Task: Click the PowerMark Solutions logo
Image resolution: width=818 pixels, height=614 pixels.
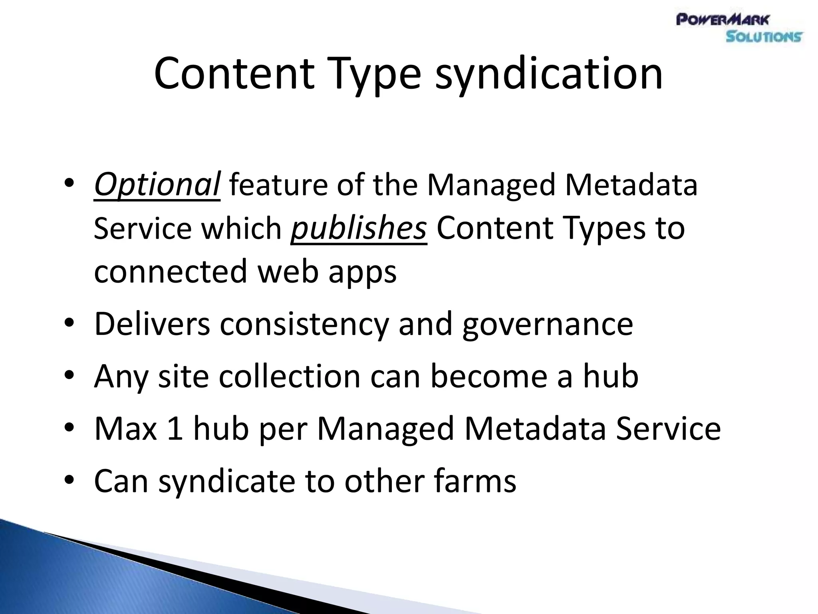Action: [739, 28]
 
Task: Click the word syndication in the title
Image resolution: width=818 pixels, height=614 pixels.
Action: [549, 74]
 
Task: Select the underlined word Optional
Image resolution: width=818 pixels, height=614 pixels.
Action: [157, 185]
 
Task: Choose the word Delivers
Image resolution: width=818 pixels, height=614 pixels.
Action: [152, 324]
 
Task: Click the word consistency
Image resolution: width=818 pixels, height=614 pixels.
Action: [304, 324]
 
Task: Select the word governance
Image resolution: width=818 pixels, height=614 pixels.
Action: [548, 324]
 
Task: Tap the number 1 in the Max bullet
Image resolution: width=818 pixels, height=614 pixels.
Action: [175, 428]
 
